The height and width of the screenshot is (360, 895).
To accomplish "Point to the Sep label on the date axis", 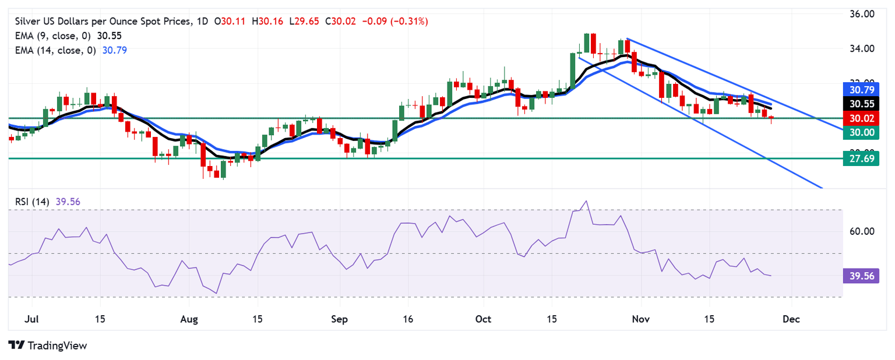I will tap(339, 319).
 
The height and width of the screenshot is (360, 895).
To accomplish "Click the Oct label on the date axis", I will tap(484, 319).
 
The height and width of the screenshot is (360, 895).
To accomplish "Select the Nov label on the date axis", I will tap(641, 319).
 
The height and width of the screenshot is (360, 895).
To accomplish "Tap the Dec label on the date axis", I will tap(791, 319).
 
